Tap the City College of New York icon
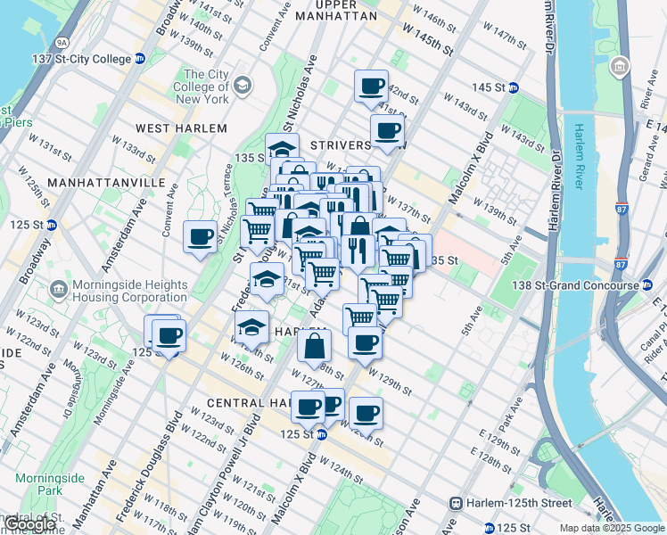tap(243, 86)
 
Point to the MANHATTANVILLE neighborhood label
tap(106, 182)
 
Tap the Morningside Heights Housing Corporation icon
tap(59, 289)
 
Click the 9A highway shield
tap(61, 41)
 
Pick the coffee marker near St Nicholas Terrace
tap(200, 237)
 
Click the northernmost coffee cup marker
tap(371, 86)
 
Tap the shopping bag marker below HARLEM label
tap(314, 346)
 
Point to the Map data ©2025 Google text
tap(611, 528)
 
